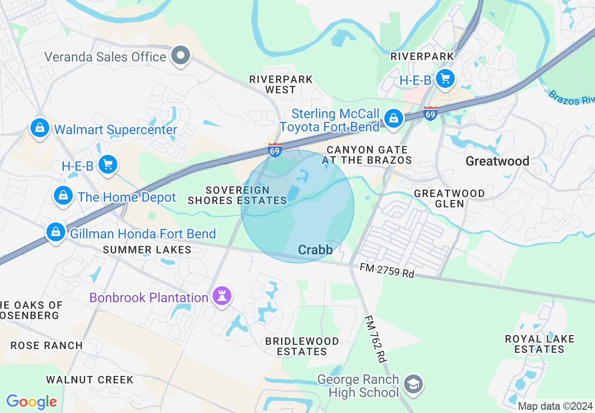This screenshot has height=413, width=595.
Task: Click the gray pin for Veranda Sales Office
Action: [x=181, y=56]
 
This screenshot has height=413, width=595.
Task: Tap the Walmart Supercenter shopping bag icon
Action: [x=40, y=128]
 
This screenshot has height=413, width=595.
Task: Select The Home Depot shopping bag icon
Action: [x=63, y=196]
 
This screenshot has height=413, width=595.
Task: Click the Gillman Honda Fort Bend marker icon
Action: [x=56, y=232]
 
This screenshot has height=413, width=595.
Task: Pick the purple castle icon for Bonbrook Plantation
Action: [x=222, y=296]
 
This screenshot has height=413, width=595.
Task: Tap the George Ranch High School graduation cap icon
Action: [x=413, y=384]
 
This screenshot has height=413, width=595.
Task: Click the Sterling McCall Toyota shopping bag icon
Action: [x=394, y=118]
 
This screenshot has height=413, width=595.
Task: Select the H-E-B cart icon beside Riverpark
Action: [x=445, y=78]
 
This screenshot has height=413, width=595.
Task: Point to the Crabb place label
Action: [x=315, y=250]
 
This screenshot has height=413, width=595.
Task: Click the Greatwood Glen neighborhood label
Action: [x=450, y=199]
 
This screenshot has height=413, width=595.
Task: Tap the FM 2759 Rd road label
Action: [x=387, y=270]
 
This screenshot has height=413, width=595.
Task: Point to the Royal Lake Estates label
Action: [x=539, y=344]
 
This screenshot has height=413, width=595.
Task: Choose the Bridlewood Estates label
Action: [x=302, y=346]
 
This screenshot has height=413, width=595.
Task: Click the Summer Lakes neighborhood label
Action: [x=147, y=250]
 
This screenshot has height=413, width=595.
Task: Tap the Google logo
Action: [x=31, y=401]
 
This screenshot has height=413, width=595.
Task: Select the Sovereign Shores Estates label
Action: [x=237, y=195]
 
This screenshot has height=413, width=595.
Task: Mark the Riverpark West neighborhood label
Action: [x=281, y=84]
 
